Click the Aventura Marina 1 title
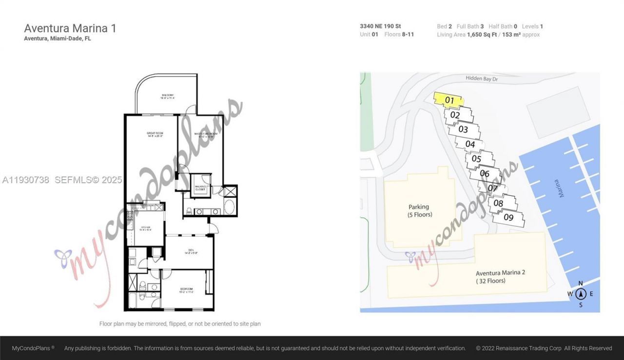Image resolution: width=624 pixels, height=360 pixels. (70, 28)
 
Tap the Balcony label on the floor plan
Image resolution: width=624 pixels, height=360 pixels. (167, 96)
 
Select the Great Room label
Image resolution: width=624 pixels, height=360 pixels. (155, 135)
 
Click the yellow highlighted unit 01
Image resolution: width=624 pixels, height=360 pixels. (449, 100)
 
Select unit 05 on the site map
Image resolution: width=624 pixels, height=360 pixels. (476, 159)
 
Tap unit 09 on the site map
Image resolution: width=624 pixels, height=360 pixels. (508, 218)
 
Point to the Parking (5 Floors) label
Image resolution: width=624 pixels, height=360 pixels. (420, 211)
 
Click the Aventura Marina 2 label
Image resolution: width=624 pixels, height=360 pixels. (500, 277)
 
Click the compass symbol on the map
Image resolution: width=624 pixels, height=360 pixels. (580, 294)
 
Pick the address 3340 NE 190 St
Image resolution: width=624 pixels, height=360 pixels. (380, 26)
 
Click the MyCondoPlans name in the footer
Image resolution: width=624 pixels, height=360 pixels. (33, 348)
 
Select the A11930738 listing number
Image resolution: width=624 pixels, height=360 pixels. (26, 180)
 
